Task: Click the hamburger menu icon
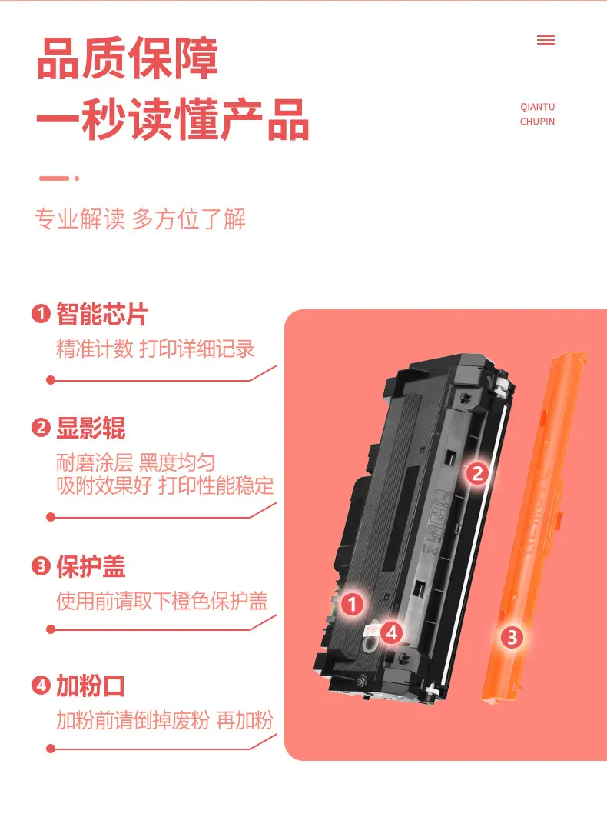pos(546,40)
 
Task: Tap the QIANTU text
pos(537,107)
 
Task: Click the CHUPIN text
pos(537,122)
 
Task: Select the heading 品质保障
pos(128,58)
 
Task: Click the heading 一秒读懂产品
pos(173,119)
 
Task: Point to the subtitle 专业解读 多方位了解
pos(140,219)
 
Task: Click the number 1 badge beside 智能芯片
pos(41,314)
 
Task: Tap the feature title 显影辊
pos(91,429)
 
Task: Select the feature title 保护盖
pos(91,566)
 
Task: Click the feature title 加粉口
pos(91,686)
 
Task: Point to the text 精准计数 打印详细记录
pos(156,349)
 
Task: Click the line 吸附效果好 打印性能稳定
pos(165,485)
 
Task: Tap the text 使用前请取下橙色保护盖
pos(162,601)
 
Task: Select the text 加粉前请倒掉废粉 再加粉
pos(165,720)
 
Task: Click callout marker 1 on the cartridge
pos(352,605)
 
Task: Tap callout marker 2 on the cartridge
pos(477,473)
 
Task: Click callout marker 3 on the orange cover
pos(512,637)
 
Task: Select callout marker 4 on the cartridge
pos(391,633)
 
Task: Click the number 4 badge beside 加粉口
pos(41,686)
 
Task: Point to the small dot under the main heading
pos(77,178)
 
